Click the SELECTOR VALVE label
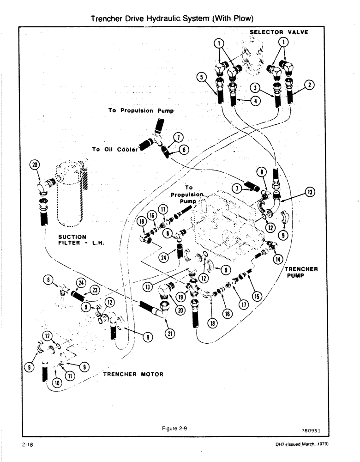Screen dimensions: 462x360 click(x=279, y=32)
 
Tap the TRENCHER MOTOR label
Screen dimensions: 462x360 click(x=132, y=374)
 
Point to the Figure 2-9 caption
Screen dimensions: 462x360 click(x=178, y=428)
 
